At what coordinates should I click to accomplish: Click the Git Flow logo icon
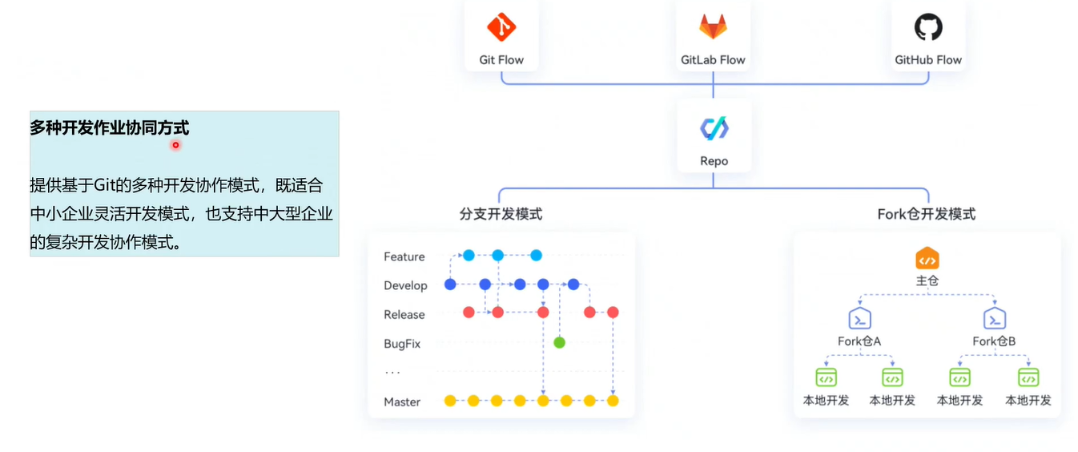501,27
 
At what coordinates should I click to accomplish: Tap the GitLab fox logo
713,27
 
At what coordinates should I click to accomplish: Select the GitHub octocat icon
928,27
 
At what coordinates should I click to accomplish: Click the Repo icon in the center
714,128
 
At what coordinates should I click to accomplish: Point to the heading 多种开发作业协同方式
110,127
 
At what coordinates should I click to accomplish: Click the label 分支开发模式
501,214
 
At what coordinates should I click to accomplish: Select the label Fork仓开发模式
927,214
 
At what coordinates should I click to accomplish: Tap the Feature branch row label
404,256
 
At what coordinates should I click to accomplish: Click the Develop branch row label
405,285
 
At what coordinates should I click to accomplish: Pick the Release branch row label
404,315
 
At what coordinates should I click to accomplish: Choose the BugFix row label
402,344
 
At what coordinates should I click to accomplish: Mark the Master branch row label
402,402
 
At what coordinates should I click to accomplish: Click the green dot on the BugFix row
559,342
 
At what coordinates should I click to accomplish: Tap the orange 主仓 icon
927,260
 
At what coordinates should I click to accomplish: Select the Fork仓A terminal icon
859,318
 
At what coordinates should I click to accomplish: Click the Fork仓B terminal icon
995,318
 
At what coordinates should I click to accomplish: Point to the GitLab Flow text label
713,60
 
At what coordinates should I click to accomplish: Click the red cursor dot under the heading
175,145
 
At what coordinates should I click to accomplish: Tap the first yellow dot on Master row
450,401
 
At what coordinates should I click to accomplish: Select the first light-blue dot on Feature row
469,256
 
